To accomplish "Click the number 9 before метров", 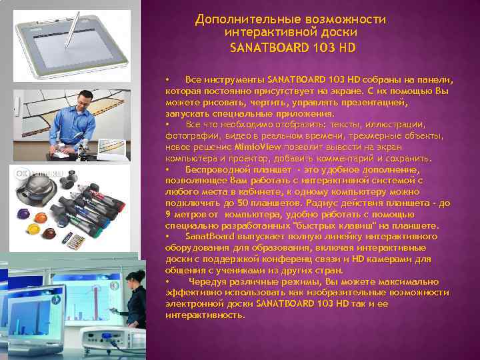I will pyautogui.click(x=168, y=214).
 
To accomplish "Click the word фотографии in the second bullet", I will pyautogui.click(x=189, y=135).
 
